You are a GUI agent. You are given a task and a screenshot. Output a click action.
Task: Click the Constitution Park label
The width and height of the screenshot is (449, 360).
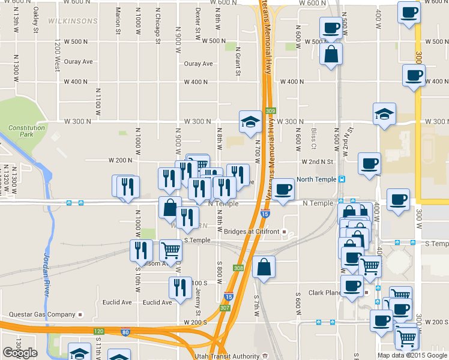coord(26,131)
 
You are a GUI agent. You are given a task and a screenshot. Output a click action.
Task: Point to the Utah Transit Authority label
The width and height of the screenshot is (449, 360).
coord(226,356)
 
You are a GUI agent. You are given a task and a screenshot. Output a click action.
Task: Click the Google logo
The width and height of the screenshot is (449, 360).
coord(20,353)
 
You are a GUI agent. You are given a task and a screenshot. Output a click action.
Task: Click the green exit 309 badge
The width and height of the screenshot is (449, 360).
coord(270,111)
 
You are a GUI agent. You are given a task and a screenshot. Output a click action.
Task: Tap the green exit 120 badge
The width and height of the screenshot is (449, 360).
coord(98,331)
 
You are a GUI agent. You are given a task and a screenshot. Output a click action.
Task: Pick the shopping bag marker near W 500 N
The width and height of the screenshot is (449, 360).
coord(331,55)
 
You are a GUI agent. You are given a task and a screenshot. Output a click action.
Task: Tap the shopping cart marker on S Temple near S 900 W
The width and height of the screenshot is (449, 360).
coord(171,250)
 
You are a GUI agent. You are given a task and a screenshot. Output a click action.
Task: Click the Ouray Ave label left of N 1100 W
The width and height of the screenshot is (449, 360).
coord(79,62)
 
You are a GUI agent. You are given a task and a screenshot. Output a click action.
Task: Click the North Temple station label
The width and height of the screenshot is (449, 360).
coord(315,179)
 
